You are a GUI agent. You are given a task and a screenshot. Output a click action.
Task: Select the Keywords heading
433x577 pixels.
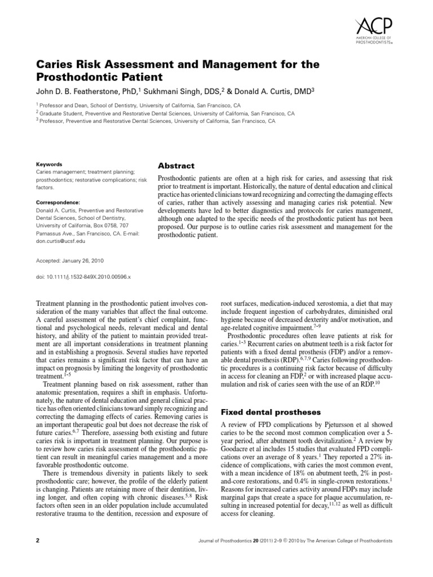point(49,165)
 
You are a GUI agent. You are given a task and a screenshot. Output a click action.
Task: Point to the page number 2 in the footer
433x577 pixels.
point(37,541)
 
